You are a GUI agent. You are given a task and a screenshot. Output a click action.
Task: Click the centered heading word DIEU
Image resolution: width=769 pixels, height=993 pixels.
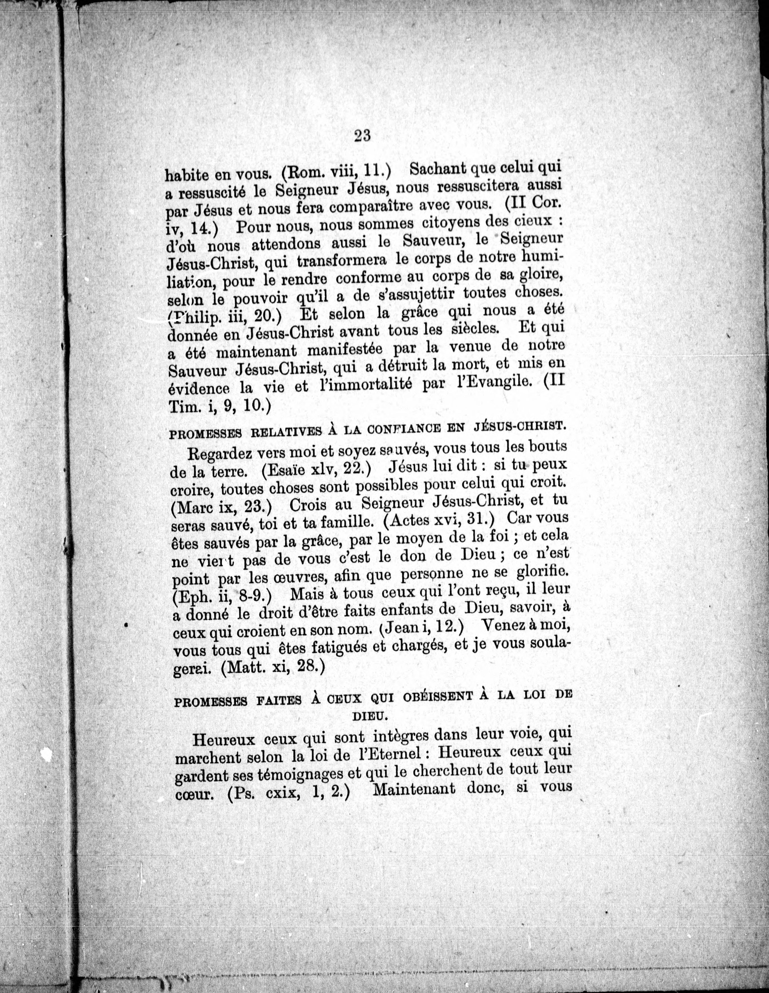370,715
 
